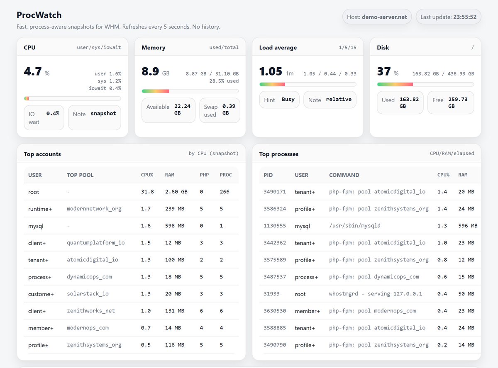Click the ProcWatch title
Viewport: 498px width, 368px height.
39,15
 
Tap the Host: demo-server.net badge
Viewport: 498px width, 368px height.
377,17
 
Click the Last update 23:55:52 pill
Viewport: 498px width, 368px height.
448,17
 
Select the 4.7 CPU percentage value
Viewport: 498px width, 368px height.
33,72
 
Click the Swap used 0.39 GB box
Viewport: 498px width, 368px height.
220,110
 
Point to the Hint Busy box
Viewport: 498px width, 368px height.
279,100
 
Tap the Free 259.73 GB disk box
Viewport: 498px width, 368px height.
451,102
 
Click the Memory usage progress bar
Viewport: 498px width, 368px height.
190,91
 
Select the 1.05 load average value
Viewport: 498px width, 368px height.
271,72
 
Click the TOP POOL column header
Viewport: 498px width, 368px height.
80,175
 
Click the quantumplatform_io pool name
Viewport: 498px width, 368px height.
95,243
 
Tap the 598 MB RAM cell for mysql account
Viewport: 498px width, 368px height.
174,226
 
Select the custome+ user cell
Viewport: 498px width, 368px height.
41,294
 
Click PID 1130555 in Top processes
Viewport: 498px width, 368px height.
274,226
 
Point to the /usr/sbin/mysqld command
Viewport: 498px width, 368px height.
354,226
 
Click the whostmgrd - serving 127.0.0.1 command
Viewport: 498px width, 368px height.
375,294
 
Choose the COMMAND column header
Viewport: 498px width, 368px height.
344,175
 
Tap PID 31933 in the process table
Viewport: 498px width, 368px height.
271,294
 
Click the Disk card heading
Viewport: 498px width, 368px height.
383,48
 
